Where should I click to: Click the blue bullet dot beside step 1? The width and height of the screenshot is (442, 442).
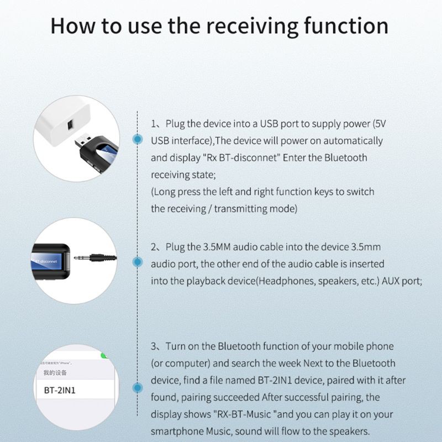(136, 139)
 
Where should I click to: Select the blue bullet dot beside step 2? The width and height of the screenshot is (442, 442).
(136, 262)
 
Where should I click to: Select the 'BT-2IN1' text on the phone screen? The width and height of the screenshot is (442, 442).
(60, 390)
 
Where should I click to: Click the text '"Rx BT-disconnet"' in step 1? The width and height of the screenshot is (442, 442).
(239, 157)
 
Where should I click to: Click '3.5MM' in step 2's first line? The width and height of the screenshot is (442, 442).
(225, 246)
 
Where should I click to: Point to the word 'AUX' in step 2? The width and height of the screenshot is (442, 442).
(390, 281)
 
